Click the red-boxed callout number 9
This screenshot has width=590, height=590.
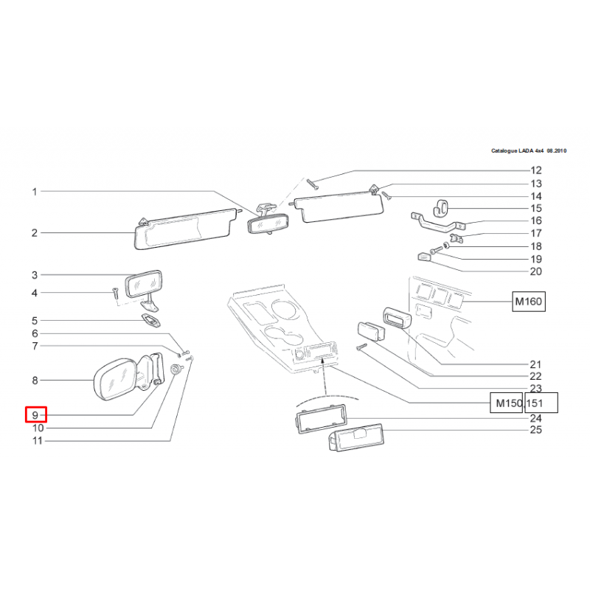pos(35,415)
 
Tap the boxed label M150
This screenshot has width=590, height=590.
pos(507,403)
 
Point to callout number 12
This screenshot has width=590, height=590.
pos(535,170)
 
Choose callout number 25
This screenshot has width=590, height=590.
pos(535,429)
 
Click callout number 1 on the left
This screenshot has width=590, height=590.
pos(34,192)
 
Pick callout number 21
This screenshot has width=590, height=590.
pos(535,364)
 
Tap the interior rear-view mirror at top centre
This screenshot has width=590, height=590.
pos(268,223)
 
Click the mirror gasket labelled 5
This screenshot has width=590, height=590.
pos(151,321)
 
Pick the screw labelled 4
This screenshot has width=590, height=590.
pos(115,293)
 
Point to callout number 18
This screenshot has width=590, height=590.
pos(535,246)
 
